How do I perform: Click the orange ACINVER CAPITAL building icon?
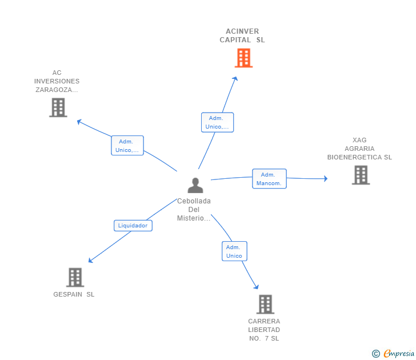(243, 58)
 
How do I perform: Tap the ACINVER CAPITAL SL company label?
(242, 35)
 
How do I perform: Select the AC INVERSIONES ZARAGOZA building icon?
(58, 107)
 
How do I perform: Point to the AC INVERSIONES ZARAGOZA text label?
(57, 81)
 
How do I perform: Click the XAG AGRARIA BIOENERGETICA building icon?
(361, 175)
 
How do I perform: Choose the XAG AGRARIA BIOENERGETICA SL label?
(359, 149)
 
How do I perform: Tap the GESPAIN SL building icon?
(75, 277)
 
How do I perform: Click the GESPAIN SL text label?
(74, 294)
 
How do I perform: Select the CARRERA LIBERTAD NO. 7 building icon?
(265, 305)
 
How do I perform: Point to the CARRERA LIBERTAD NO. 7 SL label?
(264, 330)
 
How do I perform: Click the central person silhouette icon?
(195, 185)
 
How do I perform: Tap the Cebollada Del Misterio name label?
(194, 210)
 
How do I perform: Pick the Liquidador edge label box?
(133, 226)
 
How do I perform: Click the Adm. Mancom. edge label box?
(269, 179)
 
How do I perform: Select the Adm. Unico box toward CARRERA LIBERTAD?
(234, 251)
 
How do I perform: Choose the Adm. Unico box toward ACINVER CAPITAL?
(217, 122)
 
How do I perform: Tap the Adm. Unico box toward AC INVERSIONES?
(127, 146)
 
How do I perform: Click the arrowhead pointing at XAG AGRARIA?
(325, 179)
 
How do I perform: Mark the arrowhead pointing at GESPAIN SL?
(90, 261)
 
